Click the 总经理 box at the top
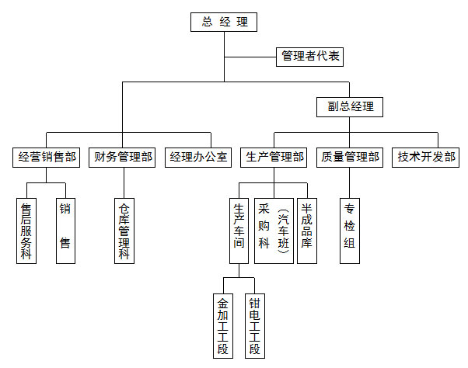224,23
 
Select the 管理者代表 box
309,57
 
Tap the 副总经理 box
350,107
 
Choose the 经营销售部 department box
47,157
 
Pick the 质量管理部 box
351,157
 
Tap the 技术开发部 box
427,157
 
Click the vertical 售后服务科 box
26,231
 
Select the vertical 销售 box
65,231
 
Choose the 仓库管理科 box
124,231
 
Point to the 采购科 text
264,226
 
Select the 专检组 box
350,231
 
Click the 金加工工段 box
223,325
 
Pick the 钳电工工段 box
253,325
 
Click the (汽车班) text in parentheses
284,231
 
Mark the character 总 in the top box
208,23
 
